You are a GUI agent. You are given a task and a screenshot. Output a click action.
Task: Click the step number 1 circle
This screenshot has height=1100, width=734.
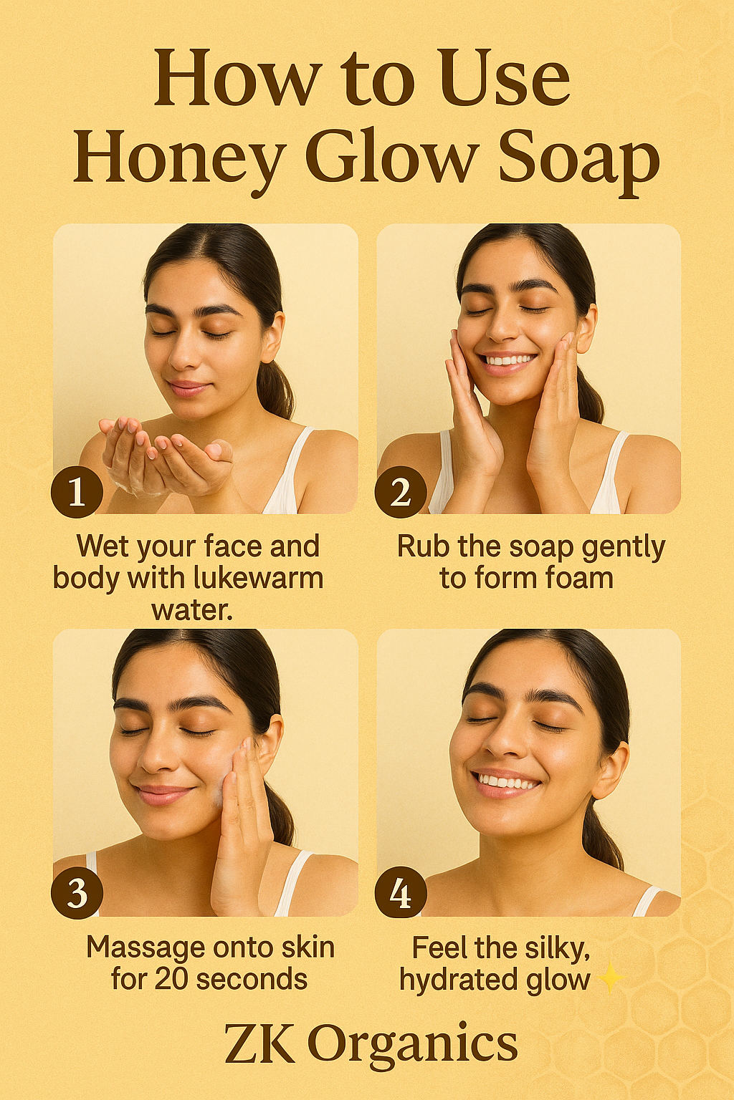(x=77, y=492)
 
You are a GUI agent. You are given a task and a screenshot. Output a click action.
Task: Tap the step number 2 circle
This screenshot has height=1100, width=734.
(x=401, y=492)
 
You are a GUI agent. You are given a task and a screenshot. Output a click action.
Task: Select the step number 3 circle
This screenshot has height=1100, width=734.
(x=77, y=893)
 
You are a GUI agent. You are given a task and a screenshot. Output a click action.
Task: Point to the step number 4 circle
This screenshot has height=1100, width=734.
(x=401, y=893)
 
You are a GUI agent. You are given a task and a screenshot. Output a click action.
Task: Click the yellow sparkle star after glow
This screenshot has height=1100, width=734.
(x=610, y=978)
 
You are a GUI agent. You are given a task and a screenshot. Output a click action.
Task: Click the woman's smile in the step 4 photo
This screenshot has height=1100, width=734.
(x=506, y=782)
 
